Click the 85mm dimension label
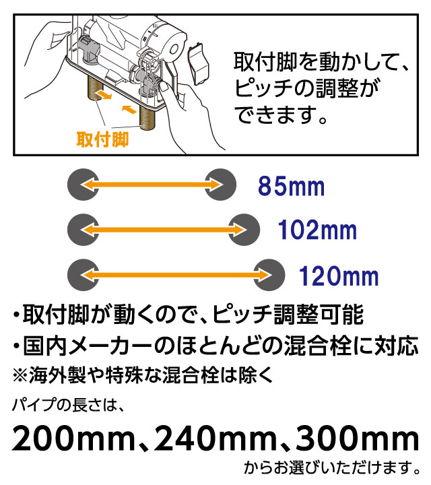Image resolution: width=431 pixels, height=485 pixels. click(291, 186)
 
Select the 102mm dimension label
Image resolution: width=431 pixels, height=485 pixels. click(318, 230)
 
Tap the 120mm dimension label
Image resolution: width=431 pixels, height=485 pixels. click(339, 276)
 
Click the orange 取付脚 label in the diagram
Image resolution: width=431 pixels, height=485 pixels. click(102, 139)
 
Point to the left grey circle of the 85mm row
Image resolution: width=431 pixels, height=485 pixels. click(84, 185)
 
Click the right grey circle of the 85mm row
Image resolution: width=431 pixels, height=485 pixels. click(220, 185)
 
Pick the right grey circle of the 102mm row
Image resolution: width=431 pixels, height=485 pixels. click(244, 230)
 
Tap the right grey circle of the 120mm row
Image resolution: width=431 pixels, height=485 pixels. click(269, 275)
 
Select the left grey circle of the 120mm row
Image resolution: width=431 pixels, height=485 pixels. click(84, 275)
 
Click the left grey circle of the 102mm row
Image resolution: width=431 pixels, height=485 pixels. click(84, 230)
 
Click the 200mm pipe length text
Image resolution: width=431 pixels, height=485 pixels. click(73, 439)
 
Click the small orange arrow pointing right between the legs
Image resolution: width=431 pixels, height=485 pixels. click(103, 95)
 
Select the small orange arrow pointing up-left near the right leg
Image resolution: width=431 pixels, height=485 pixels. click(129, 109)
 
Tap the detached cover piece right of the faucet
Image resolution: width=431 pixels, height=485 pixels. click(198, 65)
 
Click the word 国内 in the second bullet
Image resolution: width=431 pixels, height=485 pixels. click(45, 346)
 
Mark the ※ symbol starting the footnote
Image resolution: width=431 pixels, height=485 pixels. click(20, 375)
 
